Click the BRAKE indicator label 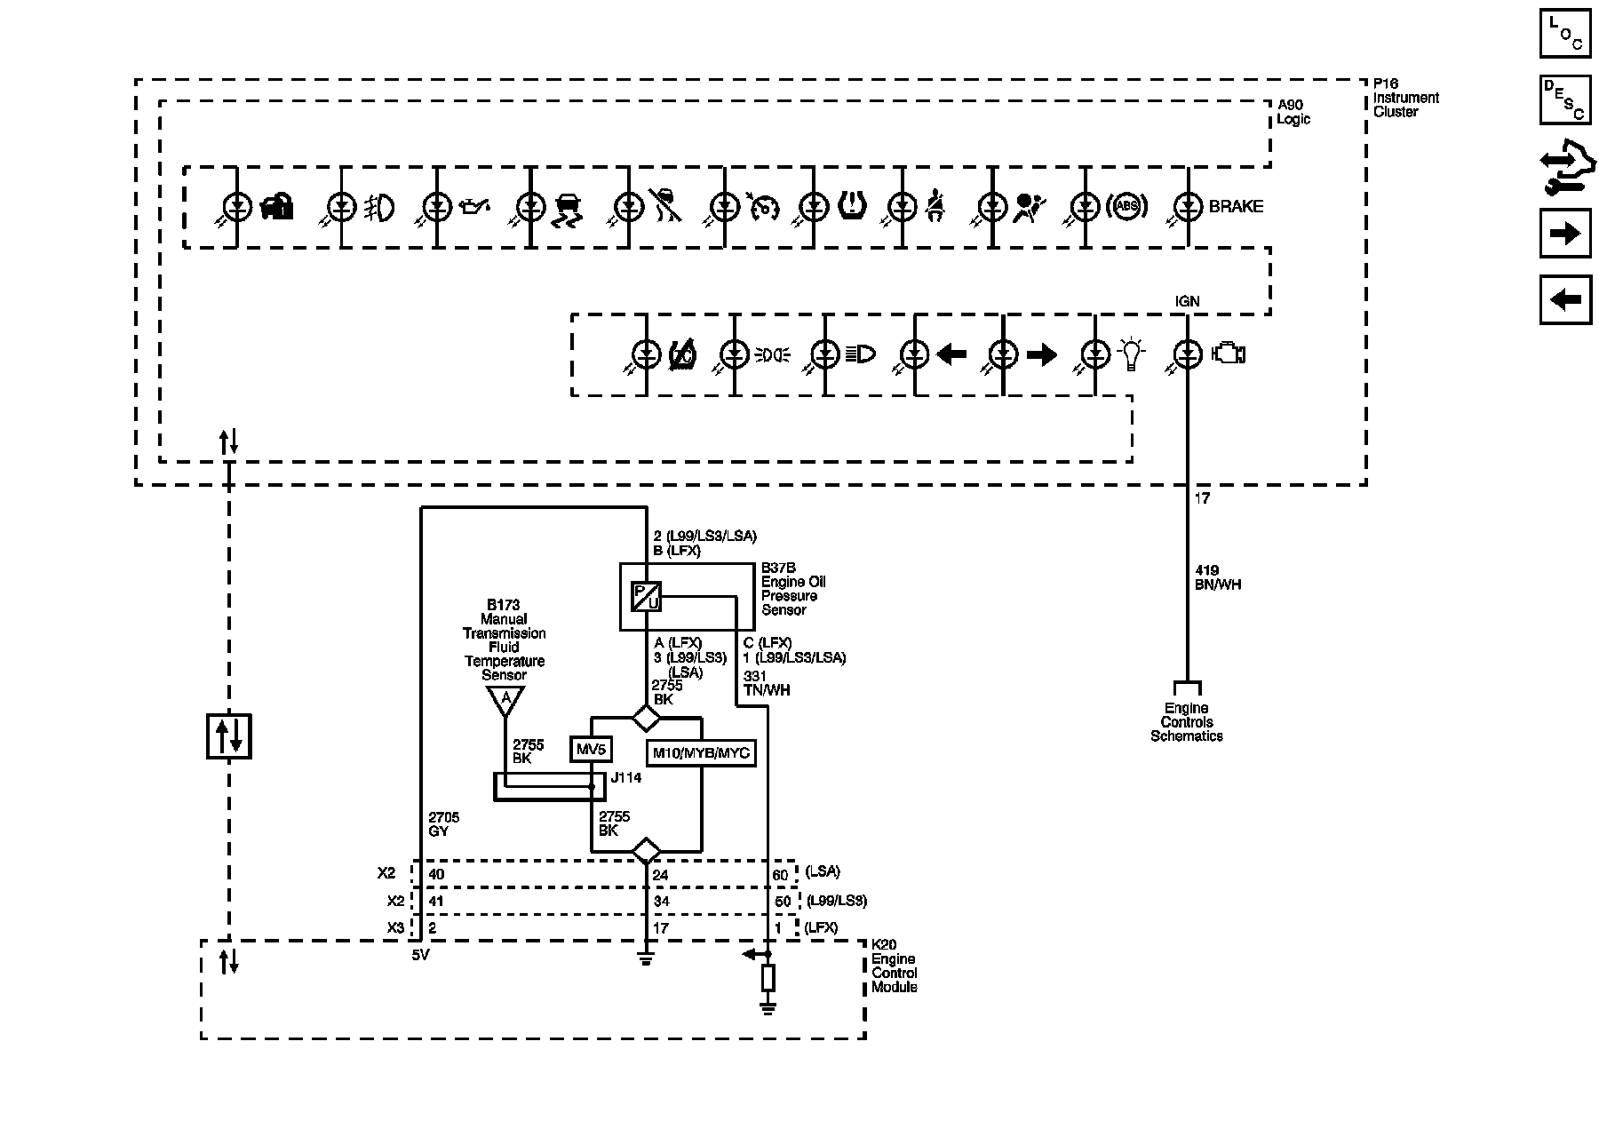tap(1236, 206)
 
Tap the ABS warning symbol tap(1126, 207)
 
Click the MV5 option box tap(591, 750)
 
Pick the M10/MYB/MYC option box tap(702, 753)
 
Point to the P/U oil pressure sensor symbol tap(646, 596)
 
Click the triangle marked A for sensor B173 tap(505, 701)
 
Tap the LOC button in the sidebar tap(1565, 33)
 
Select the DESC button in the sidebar tap(1565, 99)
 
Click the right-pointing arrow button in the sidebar tap(1565, 234)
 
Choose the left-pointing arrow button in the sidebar tap(1565, 300)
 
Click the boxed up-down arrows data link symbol tap(229, 736)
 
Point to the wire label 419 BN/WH tap(1219, 577)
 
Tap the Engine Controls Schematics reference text tap(1187, 722)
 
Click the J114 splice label tap(626, 777)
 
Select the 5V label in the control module tap(421, 956)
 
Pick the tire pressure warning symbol tap(852, 206)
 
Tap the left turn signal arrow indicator tap(951, 355)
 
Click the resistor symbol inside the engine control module tap(768, 978)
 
